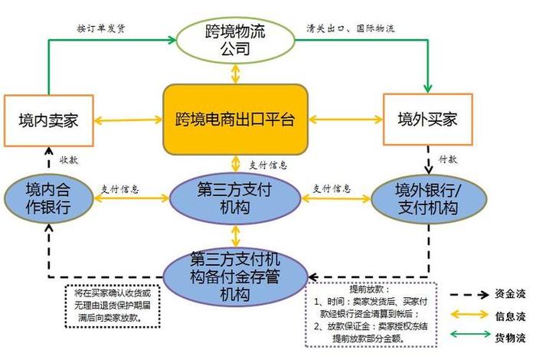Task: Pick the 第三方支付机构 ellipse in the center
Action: [235, 198]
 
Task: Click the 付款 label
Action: [448, 161]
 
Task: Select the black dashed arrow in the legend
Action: [469, 294]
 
